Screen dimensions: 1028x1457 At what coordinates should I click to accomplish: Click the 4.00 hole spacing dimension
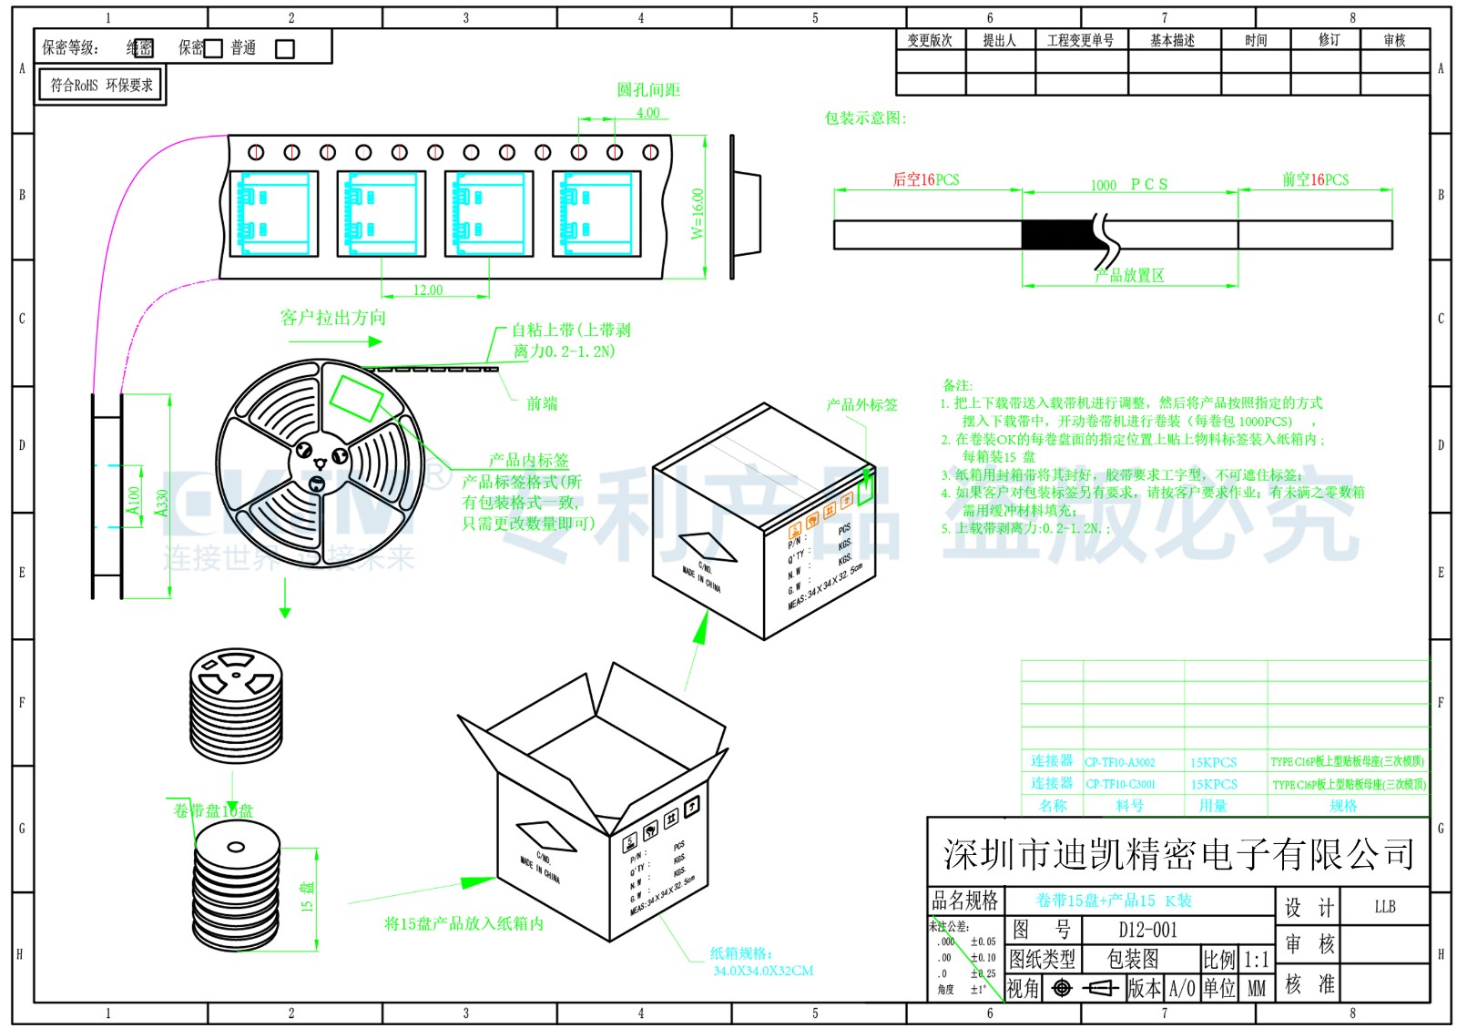[647, 113]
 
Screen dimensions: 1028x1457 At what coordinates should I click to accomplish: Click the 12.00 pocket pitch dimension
[428, 290]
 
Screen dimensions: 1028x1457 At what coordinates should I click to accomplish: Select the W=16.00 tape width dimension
[698, 213]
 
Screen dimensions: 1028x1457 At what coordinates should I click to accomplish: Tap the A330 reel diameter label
[162, 503]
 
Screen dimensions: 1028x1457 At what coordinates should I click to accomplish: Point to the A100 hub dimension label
[134, 500]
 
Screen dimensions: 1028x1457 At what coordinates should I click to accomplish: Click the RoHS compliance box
[101, 86]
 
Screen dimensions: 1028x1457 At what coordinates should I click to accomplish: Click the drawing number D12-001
[1147, 930]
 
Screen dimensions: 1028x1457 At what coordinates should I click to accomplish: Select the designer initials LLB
[1384, 906]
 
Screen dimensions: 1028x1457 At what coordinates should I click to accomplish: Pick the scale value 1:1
[1256, 960]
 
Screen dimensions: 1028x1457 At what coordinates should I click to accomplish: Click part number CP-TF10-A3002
[1119, 762]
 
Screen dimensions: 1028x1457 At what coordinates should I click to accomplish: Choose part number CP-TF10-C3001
[1119, 784]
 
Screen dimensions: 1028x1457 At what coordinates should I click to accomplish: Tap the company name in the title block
[1178, 854]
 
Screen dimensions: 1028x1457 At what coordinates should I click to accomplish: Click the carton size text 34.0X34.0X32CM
[763, 971]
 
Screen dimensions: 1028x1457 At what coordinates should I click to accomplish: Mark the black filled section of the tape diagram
[1056, 235]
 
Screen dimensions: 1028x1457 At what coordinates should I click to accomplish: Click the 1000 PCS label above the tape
[1129, 185]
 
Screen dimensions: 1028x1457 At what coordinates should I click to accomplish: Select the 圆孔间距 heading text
[648, 90]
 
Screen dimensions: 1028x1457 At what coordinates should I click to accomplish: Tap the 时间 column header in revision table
[1256, 40]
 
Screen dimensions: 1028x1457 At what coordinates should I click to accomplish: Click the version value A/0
[1182, 988]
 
